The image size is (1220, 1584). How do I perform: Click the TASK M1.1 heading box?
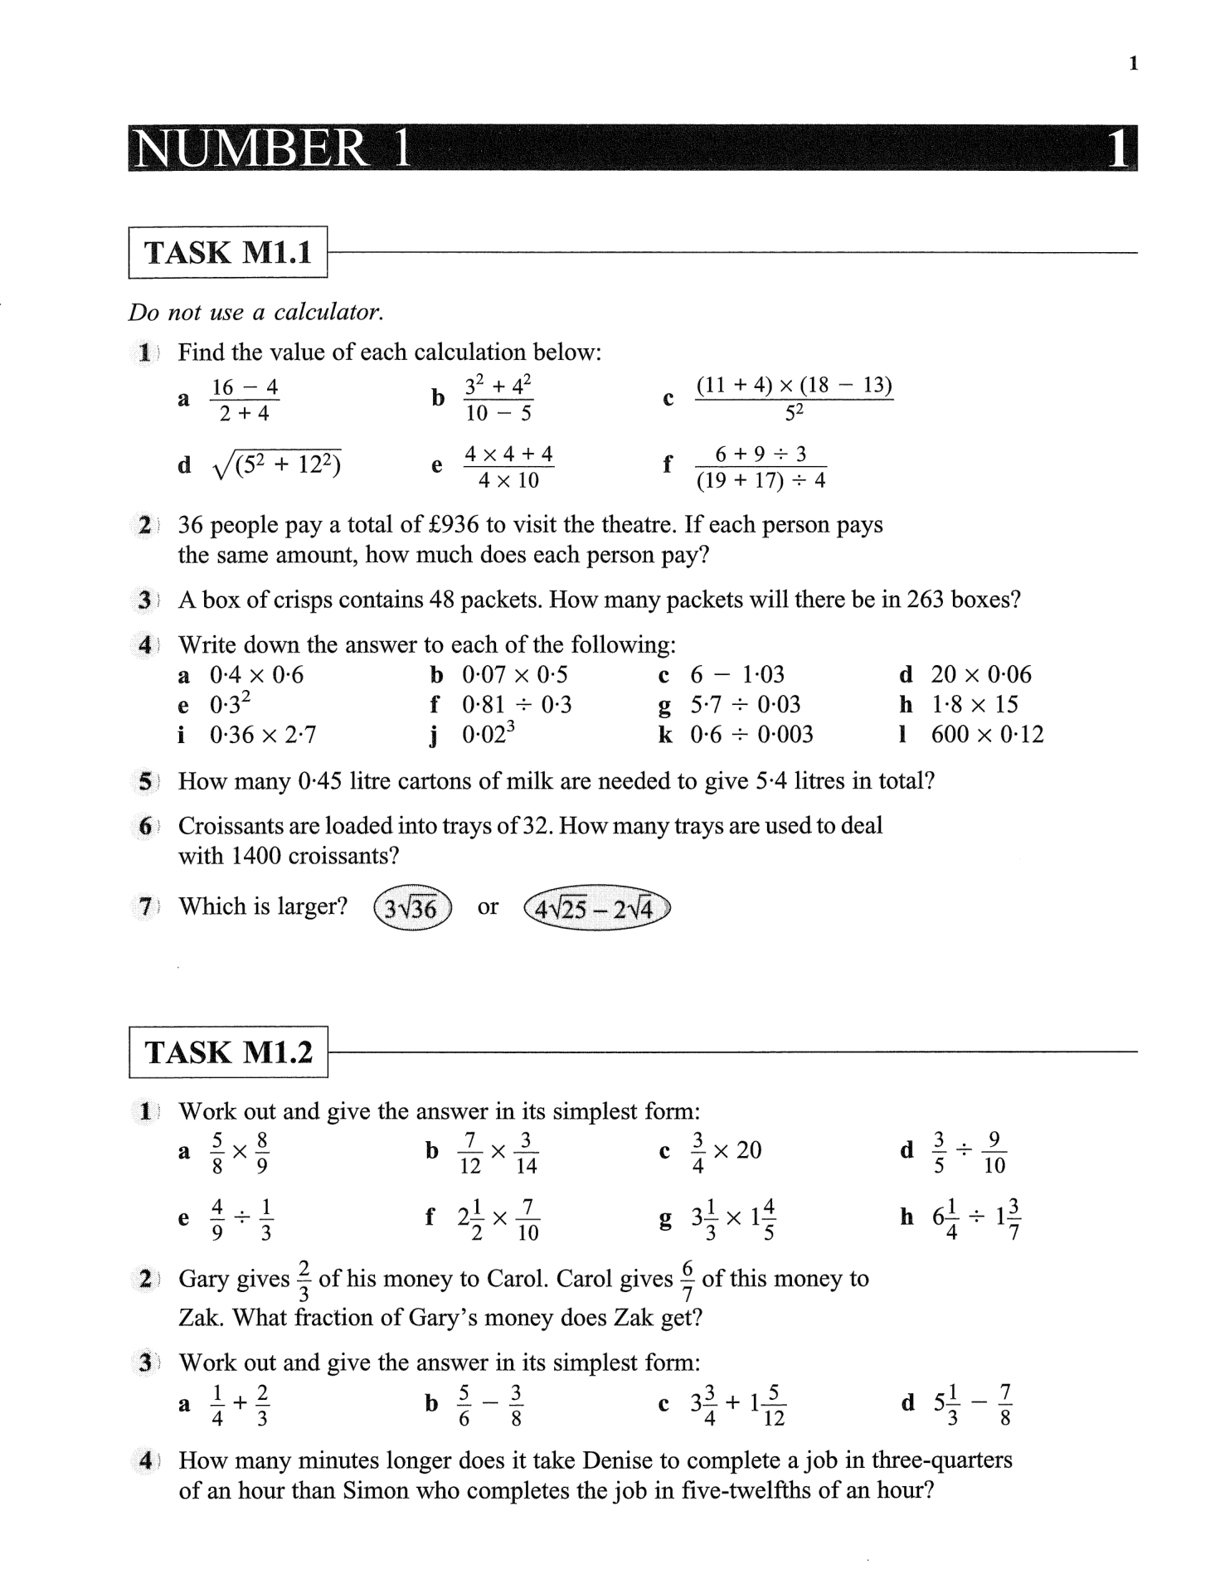(x=228, y=252)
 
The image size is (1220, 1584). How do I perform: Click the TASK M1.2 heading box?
(x=228, y=1052)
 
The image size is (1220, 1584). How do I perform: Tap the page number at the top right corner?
(x=1133, y=64)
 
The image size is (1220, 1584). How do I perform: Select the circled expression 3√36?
(x=412, y=908)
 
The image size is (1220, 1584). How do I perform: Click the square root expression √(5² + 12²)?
(x=277, y=466)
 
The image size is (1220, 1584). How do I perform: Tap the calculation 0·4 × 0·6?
(x=256, y=675)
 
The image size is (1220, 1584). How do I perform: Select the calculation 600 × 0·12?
(x=987, y=735)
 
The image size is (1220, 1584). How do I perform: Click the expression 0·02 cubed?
(x=488, y=733)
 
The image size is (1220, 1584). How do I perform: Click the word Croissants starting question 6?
(x=240, y=826)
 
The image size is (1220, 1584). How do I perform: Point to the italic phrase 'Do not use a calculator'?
(x=256, y=313)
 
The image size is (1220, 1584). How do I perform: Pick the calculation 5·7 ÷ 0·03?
(x=746, y=705)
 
